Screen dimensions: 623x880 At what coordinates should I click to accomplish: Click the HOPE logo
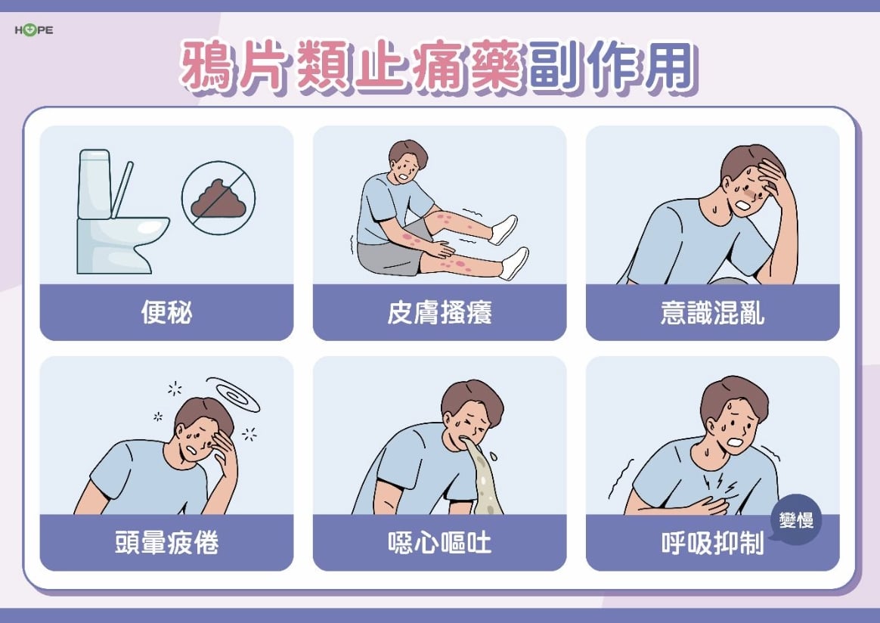pyautogui.click(x=33, y=30)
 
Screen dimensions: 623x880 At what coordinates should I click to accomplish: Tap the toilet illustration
pyautogui.click(x=117, y=215)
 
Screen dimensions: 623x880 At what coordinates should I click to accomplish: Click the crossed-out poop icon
pyautogui.click(x=218, y=198)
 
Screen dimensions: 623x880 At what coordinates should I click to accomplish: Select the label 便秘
pyautogui.click(x=166, y=313)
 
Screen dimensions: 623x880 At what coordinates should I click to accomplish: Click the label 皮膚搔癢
pyautogui.click(x=439, y=313)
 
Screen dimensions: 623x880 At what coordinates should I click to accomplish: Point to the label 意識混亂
pyautogui.click(x=712, y=313)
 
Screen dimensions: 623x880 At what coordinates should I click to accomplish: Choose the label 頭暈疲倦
pyautogui.click(x=166, y=543)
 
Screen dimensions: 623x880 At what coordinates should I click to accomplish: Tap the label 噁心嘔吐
pyautogui.click(x=439, y=543)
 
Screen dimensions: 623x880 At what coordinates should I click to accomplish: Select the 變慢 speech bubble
pyautogui.click(x=795, y=520)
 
